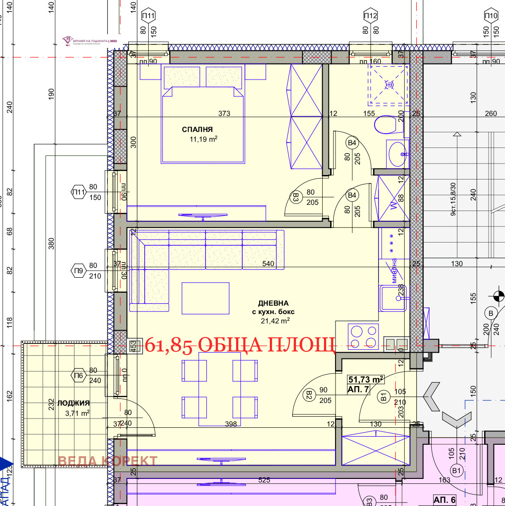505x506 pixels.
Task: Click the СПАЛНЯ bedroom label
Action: (x=197, y=130)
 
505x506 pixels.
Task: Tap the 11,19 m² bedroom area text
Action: (x=204, y=139)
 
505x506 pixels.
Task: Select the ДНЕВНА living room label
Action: (x=273, y=303)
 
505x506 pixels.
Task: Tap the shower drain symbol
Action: (x=389, y=84)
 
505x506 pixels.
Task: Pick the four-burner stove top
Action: (x=363, y=336)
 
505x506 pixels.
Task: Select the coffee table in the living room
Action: (x=205, y=298)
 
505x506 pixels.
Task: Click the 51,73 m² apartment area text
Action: (x=366, y=380)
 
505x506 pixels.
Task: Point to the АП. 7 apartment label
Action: (x=358, y=390)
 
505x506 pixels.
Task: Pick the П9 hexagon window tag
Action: (x=79, y=271)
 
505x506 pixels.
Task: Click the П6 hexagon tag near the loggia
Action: (x=79, y=376)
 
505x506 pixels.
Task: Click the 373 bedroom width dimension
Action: (x=224, y=113)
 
